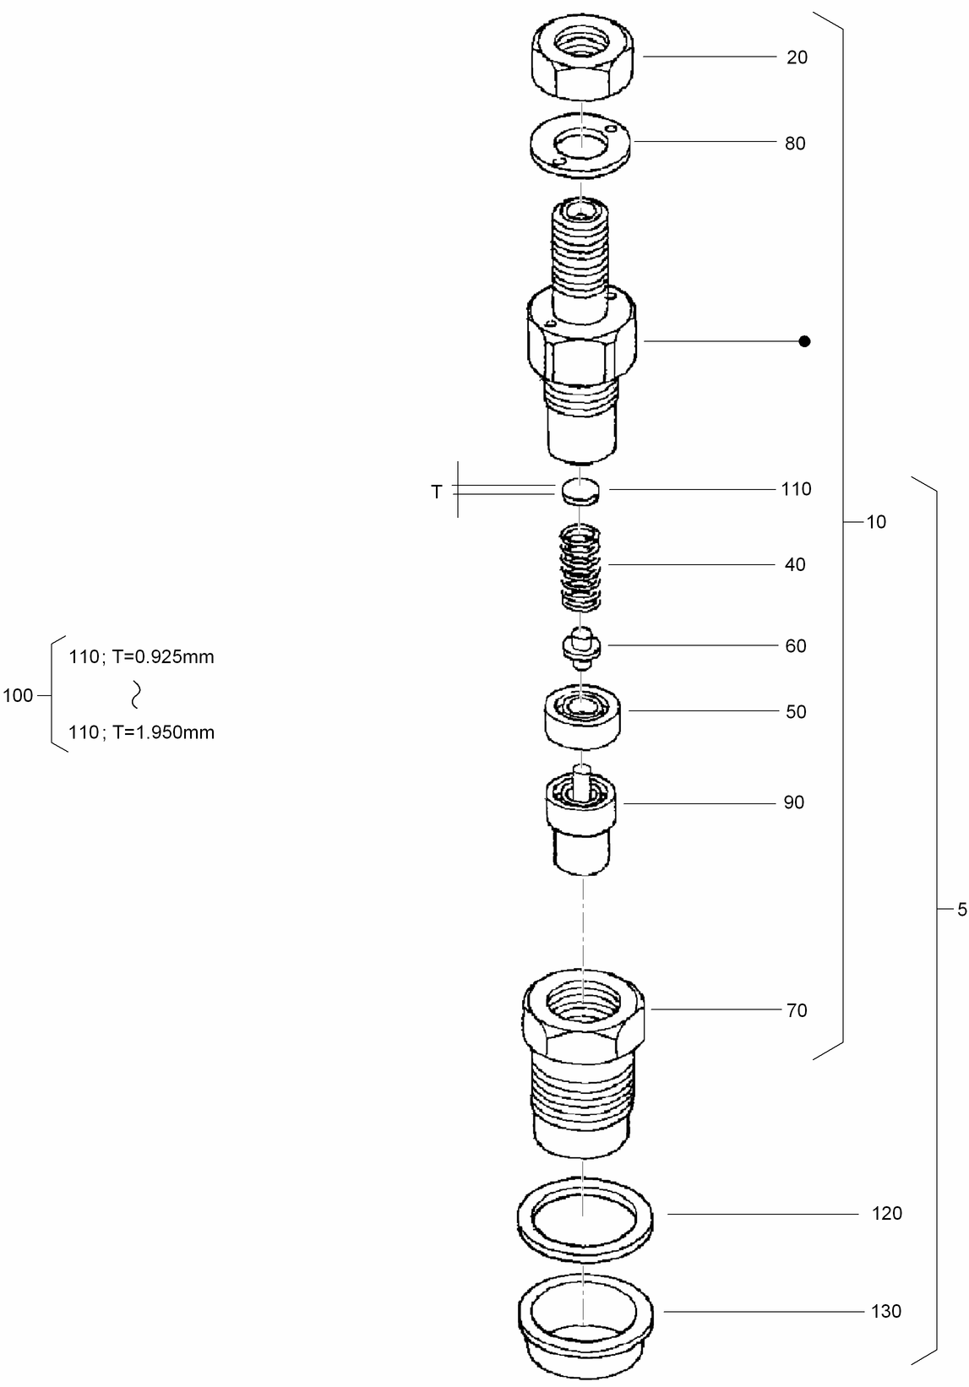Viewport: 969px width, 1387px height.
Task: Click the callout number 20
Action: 797,57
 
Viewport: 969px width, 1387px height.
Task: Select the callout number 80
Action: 795,144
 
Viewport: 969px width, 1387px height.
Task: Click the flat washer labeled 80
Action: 583,145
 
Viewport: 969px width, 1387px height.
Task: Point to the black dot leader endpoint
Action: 804,341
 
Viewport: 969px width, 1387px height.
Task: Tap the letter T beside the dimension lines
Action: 437,492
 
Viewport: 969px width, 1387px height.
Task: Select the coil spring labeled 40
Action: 581,566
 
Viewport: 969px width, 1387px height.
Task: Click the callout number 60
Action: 796,646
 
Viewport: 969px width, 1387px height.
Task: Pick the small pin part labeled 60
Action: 581,647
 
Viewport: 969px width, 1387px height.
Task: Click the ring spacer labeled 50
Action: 583,716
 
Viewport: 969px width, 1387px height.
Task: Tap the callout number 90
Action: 794,802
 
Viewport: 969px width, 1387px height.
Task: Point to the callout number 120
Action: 886,1214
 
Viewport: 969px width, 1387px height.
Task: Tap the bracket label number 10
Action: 876,522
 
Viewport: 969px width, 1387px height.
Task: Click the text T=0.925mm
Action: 163,657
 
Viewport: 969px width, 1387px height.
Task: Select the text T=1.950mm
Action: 163,732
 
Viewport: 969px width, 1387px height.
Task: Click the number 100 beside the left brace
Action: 19,696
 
